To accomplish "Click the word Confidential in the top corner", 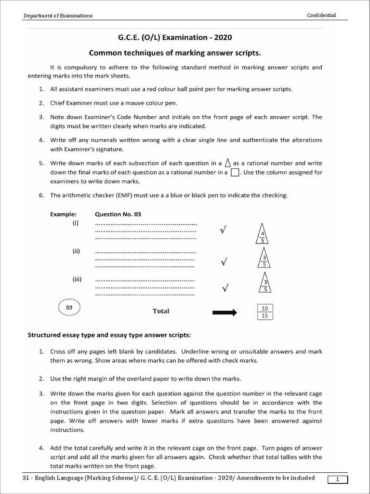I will pos(321,15).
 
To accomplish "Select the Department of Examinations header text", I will pos(58,16).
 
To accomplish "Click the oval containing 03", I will pos(69,307).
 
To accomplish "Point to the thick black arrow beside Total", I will pos(225,313).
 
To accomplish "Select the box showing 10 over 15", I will pos(264,312).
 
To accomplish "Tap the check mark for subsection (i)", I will pos(223,231).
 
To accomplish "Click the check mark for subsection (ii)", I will pos(223,261).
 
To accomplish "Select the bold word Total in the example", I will pos(161,311).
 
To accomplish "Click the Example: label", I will pos(63,214).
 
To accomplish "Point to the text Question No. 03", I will pos(118,214).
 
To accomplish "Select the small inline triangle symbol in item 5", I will pos(228,163).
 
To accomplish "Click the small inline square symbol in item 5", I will pos(235,172).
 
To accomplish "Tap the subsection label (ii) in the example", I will pos(76,251).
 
